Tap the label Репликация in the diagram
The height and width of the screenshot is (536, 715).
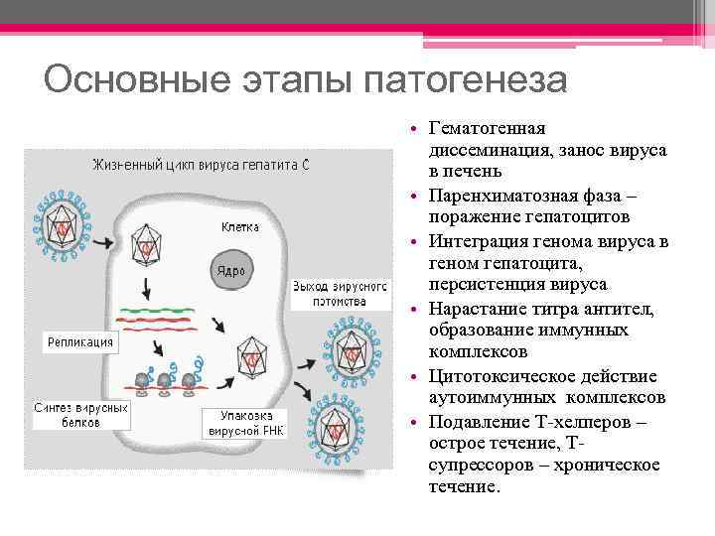81,342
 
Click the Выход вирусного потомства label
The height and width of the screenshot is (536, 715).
329,293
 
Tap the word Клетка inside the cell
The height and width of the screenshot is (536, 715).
239,226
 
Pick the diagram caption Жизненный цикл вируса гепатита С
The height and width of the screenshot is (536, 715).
202,164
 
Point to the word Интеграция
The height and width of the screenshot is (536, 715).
479,240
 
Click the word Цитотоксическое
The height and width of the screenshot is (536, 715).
496,375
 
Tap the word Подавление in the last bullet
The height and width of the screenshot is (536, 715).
475,421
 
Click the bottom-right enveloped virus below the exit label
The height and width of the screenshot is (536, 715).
341,429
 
